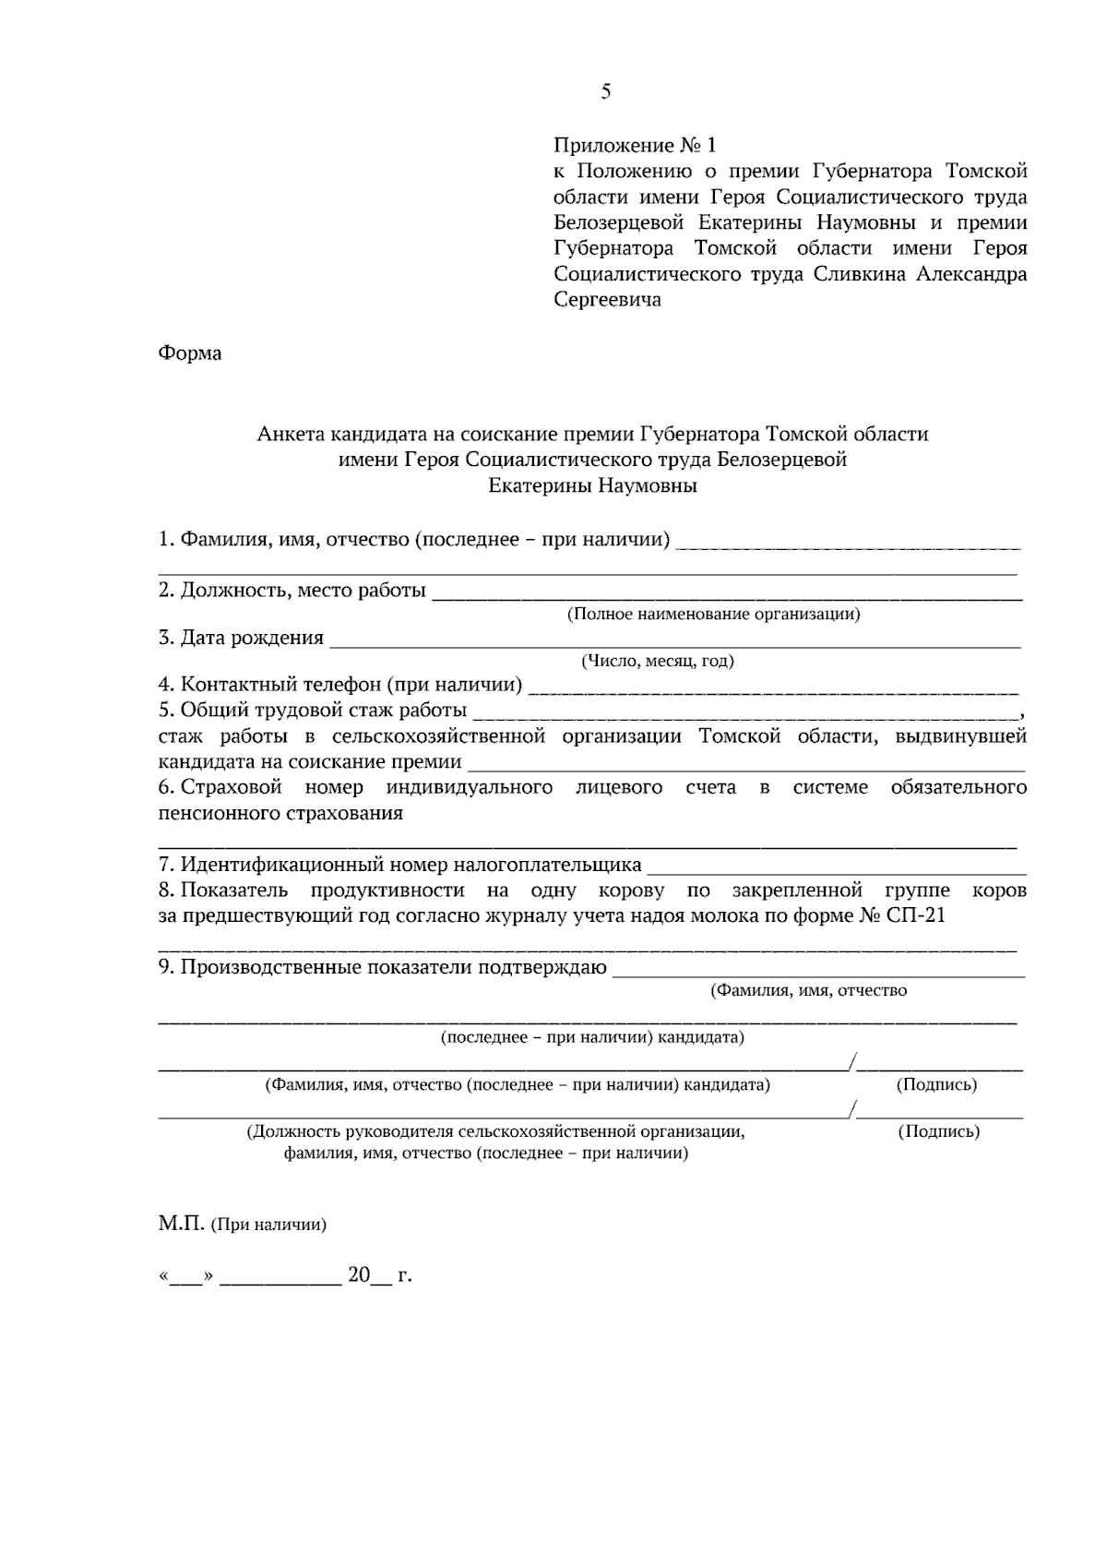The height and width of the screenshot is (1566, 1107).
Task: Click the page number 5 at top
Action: pos(605,91)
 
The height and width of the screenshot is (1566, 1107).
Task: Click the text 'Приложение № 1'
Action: pos(634,146)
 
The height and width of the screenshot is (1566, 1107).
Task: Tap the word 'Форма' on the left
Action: pos(190,353)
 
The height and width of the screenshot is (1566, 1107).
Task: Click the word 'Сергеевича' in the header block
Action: pos(607,300)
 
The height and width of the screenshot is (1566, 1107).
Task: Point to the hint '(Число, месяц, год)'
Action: pos(657,662)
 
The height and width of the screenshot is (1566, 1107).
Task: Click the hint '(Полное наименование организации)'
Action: pos(713,615)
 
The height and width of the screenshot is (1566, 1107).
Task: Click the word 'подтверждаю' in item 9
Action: pos(552,967)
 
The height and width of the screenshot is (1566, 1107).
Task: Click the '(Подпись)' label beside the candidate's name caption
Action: pos(936,1085)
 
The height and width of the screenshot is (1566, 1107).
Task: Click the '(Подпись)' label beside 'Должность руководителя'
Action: pos(939,1131)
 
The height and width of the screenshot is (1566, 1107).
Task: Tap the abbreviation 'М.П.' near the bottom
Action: pos(181,1225)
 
